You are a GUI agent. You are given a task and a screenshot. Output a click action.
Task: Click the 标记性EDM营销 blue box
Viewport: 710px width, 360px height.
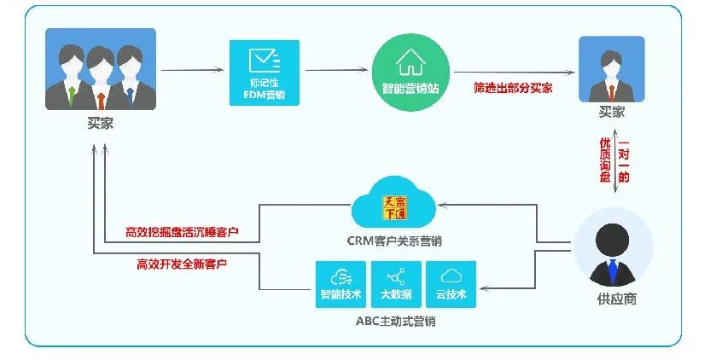[x=264, y=73]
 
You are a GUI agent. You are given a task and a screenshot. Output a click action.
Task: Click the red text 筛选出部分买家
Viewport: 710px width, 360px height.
[x=513, y=88]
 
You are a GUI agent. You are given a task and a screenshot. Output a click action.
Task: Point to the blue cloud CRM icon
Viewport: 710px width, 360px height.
[x=393, y=204]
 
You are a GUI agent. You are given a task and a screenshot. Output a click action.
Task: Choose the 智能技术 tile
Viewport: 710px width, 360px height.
[x=340, y=283]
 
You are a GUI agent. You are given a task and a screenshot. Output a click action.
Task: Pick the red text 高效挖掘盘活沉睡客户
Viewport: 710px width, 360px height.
[x=182, y=231]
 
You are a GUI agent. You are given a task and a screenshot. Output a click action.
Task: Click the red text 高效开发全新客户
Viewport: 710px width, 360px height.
[x=182, y=264]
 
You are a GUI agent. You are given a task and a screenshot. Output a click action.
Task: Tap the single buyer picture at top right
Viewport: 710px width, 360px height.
[x=612, y=69]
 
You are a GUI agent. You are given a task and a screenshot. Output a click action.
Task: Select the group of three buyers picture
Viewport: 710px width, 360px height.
[x=101, y=69]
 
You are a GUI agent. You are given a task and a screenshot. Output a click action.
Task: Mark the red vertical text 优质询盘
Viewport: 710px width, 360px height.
[x=604, y=160]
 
